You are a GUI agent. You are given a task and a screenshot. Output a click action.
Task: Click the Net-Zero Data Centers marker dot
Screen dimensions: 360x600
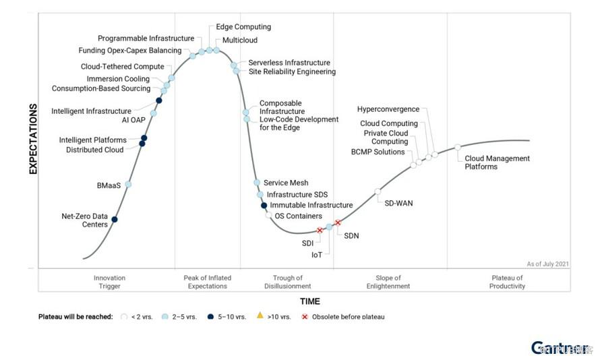pyautogui.click(x=115, y=219)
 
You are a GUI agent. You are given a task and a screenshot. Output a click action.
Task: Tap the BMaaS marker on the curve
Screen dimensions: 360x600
pyautogui.click(x=129, y=184)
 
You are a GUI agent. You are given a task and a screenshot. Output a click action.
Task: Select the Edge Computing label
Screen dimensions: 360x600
pyautogui.click(x=243, y=27)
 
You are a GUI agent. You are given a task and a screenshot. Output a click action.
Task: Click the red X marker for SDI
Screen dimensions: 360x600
pyautogui.click(x=320, y=231)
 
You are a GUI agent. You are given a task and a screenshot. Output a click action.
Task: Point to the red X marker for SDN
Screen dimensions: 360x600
pyautogui.click(x=338, y=223)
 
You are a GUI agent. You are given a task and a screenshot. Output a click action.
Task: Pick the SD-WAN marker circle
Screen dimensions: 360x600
pyautogui.click(x=378, y=191)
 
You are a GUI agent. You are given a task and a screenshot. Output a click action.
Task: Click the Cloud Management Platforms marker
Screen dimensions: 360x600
pyautogui.click(x=457, y=147)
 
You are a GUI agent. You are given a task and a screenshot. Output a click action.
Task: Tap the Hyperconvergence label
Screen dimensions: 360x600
pyautogui.click(x=388, y=109)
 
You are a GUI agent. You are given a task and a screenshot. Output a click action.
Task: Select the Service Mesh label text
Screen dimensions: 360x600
pyautogui.click(x=286, y=183)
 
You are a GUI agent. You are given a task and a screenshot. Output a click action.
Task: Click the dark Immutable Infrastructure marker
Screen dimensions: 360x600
pyautogui.click(x=264, y=206)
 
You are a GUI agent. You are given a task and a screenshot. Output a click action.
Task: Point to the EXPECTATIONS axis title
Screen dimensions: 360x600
pyautogui.click(x=32, y=139)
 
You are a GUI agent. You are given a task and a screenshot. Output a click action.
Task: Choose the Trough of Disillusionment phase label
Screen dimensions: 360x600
pyautogui.click(x=288, y=282)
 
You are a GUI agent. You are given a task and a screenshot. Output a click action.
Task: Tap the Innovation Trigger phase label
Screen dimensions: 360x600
pyautogui.click(x=109, y=282)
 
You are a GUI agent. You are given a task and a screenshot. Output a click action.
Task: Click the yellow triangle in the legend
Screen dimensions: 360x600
pyautogui.click(x=260, y=316)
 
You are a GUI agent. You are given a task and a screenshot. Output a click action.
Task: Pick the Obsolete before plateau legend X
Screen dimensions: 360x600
pyautogui.click(x=305, y=316)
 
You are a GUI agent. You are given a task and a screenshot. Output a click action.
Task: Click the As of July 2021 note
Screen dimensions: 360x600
pyautogui.click(x=547, y=264)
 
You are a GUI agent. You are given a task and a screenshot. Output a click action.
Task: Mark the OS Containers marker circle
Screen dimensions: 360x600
pyautogui.click(x=268, y=215)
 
